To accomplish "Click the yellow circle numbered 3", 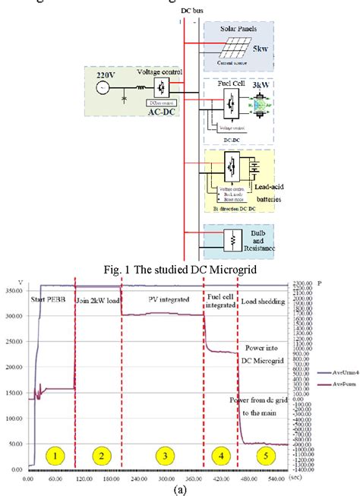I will tap(163, 455).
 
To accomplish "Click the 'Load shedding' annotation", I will tap(263, 302).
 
